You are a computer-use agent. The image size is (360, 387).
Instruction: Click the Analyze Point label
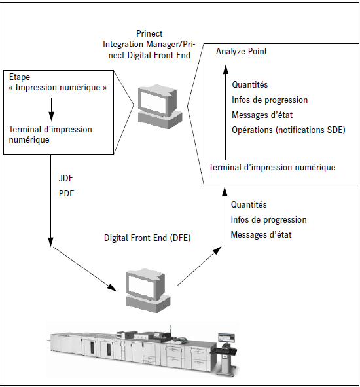pyautogui.click(x=242, y=51)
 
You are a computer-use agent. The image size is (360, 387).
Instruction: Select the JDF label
pyautogui.click(x=65, y=178)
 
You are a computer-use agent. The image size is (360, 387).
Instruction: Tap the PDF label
pyautogui.click(x=66, y=193)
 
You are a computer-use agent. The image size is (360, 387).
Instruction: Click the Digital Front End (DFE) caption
pyautogui.click(x=147, y=238)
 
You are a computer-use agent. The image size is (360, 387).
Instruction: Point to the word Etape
pyautogui.click(x=20, y=77)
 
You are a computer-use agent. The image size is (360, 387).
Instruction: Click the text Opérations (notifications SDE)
pyautogui.click(x=289, y=130)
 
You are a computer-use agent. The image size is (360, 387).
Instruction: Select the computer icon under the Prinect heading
pyautogui.click(x=160, y=107)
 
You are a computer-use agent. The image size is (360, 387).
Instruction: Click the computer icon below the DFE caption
pyautogui.click(x=148, y=291)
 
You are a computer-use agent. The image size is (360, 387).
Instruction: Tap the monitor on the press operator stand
pyautogui.click(x=226, y=338)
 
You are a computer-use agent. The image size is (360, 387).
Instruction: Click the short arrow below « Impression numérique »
pyautogui.click(x=51, y=109)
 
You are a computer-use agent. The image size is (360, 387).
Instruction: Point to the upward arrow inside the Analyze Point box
pyautogui.click(x=225, y=113)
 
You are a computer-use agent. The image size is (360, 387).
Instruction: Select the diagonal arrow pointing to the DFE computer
pyautogui.click(x=84, y=268)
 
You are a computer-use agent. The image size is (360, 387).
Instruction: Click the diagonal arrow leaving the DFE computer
pyautogui.click(x=200, y=266)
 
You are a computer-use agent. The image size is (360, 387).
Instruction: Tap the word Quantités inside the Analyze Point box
pyautogui.click(x=249, y=85)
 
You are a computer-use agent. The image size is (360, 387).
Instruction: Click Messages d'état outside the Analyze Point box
pyautogui.click(x=261, y=234)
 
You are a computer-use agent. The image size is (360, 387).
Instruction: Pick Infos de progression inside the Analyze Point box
pyautogui.click(x=270, y=100)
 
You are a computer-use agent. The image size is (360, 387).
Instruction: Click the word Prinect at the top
pyautogui.click(x=149, y=33)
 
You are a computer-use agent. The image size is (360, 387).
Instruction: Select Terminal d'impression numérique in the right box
pyautogui.click(x=272, y=168)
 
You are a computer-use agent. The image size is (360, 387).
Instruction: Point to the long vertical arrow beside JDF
pyautogui.click(x=50, y=200)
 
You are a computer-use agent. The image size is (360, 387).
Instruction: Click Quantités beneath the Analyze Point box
pyautogui.click(x=249, y=204)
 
